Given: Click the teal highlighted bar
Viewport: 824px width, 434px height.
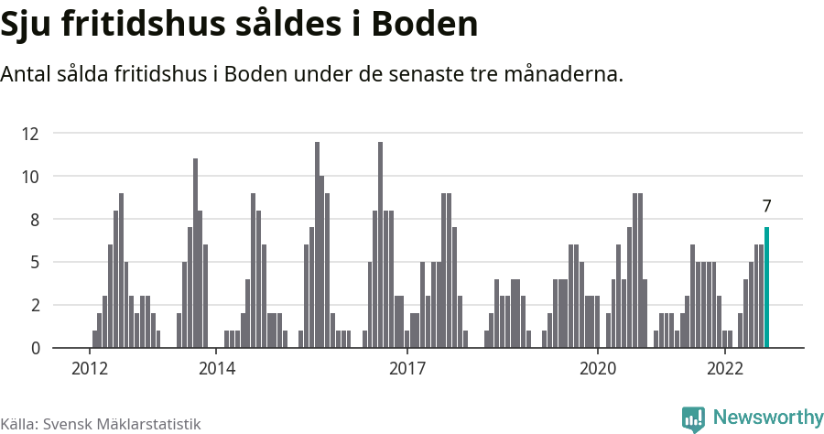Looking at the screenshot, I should pos(766,288).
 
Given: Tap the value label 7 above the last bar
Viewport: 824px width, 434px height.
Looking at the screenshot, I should pos(766,206).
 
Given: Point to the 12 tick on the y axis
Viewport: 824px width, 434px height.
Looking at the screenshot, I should pos(30,134).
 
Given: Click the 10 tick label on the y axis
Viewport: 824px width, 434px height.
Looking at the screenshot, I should pos(30,177).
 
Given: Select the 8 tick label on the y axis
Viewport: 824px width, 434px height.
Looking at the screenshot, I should pos(34,220).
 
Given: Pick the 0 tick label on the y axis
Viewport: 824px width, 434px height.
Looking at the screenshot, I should pos(34,348).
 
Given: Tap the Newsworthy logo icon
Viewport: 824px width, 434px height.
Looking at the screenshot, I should pos(693,418).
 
